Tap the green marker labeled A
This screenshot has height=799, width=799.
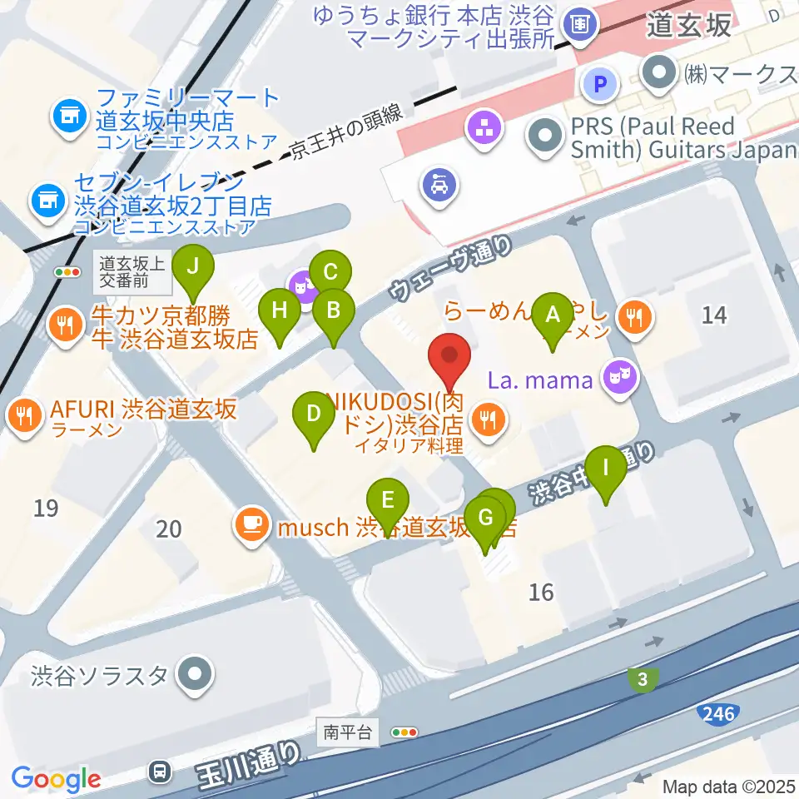pos(551,315)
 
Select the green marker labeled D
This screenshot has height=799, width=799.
pos(314,413)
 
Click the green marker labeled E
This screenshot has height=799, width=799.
pos(388,501)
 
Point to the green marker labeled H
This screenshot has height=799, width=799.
pos(280,311)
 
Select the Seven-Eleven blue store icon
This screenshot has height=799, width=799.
pos(47,199)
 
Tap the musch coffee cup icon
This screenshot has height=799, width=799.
pos(252,524)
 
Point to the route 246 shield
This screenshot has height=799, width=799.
pos(717,713)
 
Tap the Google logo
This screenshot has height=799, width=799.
pos(57,779)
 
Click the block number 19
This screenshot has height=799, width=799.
pos(47,508)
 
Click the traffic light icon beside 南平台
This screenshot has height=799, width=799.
pos(404,733)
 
